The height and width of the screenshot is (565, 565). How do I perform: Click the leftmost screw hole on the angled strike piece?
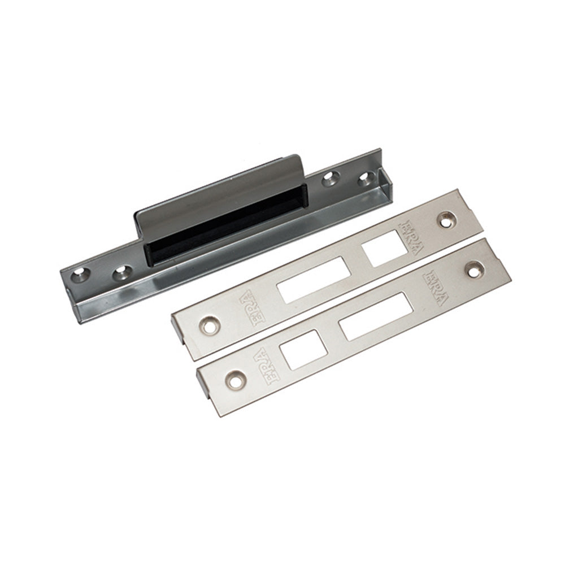pyautogui.click(x=80, y=275)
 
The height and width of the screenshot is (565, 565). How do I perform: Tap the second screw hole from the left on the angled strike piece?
pyautogui.click(x=122, y=273)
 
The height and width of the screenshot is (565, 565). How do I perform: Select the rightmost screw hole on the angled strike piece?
pyautogui.click(x=366, y=177)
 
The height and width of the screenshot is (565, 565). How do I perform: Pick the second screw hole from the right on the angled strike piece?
pyautogui.click(x=331, y=178)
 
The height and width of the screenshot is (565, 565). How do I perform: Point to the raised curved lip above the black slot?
pyautogui.click(x=220, y=194)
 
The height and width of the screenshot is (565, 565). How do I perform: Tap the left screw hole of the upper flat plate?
pyautogui.click(x=208, y=326)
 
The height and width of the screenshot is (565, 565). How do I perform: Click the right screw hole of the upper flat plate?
pyautogui.click(x=447, y=220)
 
